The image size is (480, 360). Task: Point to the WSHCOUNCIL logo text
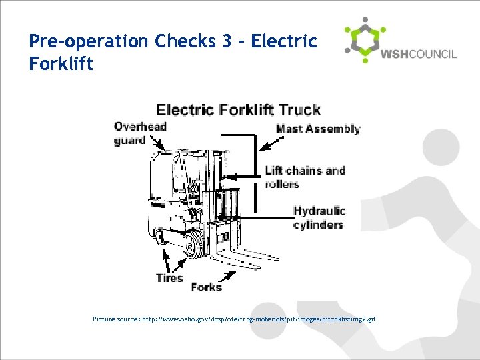[418, 54]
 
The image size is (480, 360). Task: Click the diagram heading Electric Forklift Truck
[238, 110]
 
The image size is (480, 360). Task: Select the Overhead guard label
[140, 133]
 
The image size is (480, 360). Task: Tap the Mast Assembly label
[318, 129]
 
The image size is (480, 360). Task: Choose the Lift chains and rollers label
[305, 177]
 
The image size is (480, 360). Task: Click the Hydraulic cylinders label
[319, 218]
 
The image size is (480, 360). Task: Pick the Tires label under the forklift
[169, 278]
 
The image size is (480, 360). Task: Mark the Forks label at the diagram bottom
[206, 287]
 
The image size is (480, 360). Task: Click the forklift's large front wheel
[195, 244]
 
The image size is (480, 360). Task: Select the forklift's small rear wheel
[159, 237]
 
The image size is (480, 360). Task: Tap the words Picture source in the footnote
[115, 319]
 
